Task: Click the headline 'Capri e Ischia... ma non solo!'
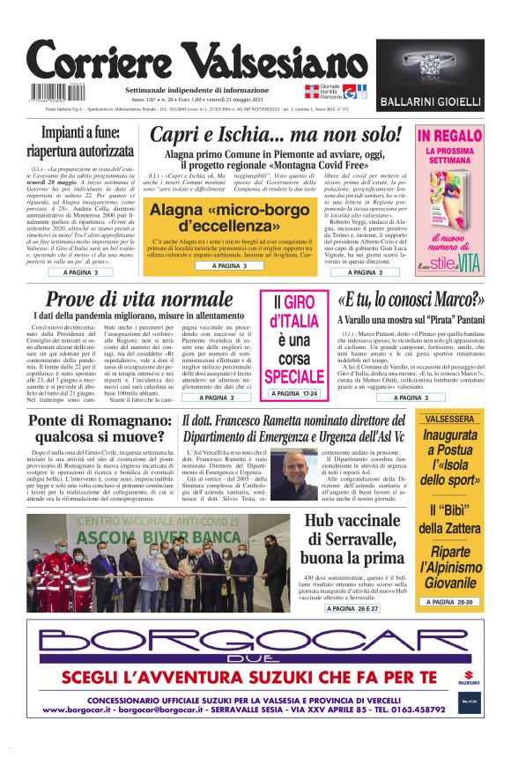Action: [x=276, y=135]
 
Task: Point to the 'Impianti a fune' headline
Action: [x=79, y=142]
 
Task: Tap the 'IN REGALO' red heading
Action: [x=449, y=137]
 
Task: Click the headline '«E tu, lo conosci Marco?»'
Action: [x=411, y=301]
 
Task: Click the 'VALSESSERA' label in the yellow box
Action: [x=449, y=420]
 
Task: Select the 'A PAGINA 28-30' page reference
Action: [x=449, y=602]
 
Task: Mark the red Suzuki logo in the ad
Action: [x=468, y=677]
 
